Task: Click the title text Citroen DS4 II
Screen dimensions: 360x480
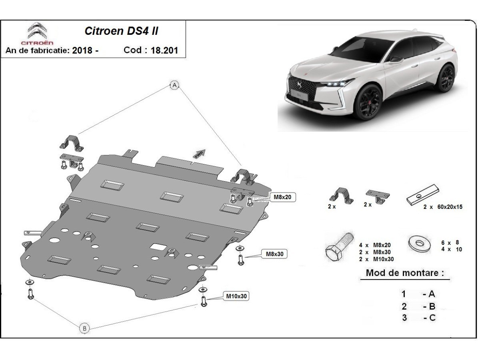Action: [x=123, y=31]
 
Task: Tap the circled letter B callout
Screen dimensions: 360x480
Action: [x=84, y=328]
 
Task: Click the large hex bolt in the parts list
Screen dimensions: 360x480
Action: [x=339, y=246]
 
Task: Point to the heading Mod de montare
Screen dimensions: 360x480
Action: [x=405, y=274]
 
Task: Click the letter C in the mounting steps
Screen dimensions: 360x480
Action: [x=431, y=318]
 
